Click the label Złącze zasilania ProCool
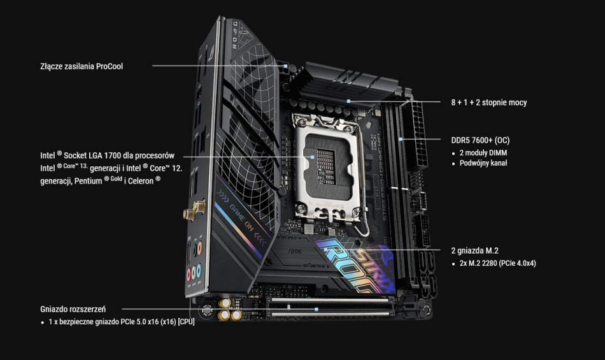[82, 66]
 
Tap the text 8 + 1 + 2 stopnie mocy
[489, 102]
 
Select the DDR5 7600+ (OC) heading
[480, 140]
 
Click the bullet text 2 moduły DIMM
[483, 153]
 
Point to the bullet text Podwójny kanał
[483, 163]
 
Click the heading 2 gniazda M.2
[474, 251]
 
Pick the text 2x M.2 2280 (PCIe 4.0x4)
[497, 263]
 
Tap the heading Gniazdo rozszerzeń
[73, 309]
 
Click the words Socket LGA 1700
[92, 155]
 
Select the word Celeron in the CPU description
[141, 181]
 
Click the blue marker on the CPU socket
[313, 157]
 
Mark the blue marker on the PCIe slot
[317, 310]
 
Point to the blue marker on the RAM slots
[401, 139]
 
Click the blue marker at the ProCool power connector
[285, 66]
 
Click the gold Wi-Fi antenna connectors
[195, 210]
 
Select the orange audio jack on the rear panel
[200, 247]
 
